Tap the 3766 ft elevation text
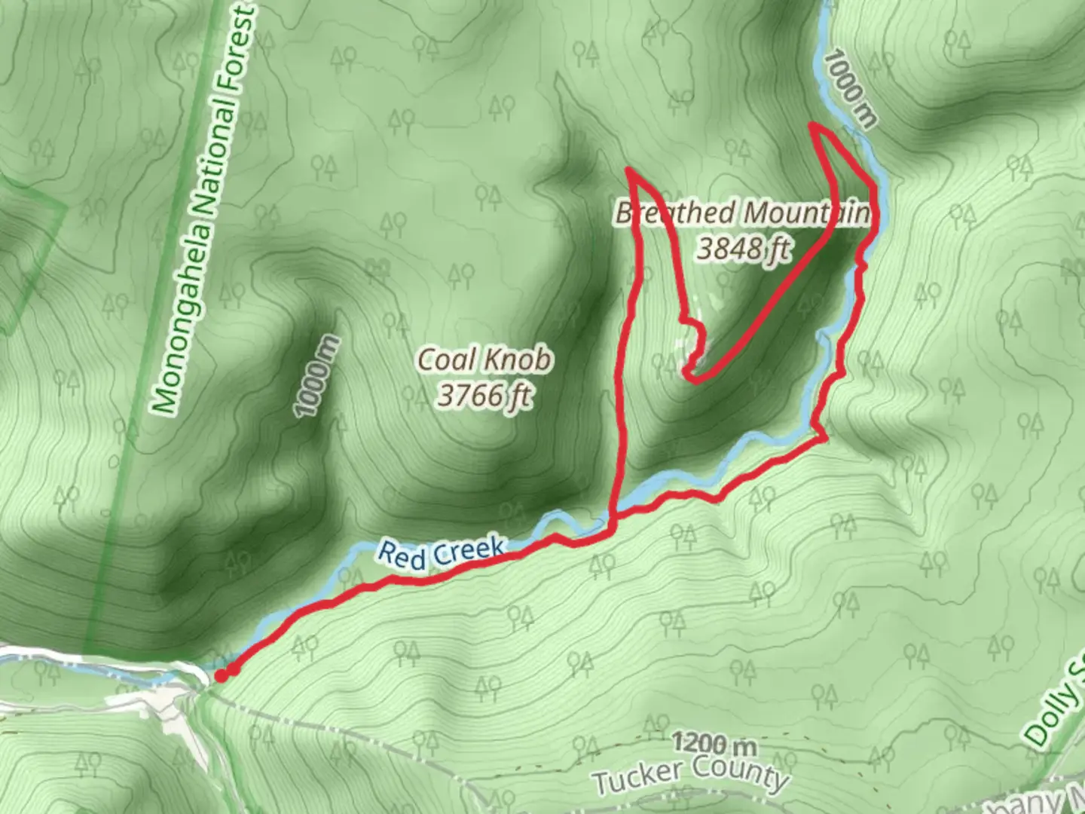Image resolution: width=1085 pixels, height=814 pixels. tap(484, 395)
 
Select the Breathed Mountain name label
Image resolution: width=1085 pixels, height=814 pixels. tap(742, 213)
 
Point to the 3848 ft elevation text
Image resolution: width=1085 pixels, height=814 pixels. tap(742, 247)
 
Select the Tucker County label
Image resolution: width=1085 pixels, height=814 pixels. tap(689, 776)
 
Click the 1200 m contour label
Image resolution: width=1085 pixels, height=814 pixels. tap(713, 745)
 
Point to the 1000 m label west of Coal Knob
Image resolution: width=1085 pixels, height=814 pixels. tap(317, 376)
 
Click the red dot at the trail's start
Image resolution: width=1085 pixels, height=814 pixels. tap(221, 676)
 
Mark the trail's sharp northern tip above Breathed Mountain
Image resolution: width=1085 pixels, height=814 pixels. tap(628, 170)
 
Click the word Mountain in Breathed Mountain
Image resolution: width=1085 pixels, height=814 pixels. tap(803, 213)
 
